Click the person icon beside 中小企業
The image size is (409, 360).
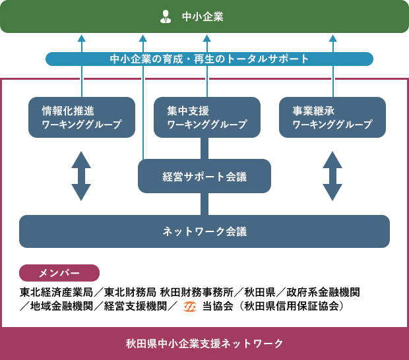pos(166,16)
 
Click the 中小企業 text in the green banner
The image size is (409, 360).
pos(203,16)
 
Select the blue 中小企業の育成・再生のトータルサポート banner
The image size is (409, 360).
pos(209,59)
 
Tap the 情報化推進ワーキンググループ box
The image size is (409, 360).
pos(82,117)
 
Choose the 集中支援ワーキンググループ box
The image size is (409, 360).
pos(207,117)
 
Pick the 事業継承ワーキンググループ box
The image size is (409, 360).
pos(332,117)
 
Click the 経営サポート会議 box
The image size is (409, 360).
pos(204,176)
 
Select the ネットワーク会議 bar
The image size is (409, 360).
pos(204,231)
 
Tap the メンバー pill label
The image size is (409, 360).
pos(59,273)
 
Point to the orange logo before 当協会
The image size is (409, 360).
pos(189,307)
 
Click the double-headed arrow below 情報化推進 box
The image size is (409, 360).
pos(81,176)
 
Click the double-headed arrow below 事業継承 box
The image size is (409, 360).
pos(332,176)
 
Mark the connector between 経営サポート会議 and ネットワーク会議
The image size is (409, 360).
pos(204,204)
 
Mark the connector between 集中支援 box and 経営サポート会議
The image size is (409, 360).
pos(204,148)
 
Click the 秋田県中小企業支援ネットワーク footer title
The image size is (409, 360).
pos(204,344)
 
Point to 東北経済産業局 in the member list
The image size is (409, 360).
pos(56,293)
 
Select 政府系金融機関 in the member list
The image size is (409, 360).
pos(323,293)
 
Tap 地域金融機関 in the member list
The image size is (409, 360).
pos(61,307)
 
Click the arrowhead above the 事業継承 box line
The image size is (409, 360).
pos(333,39)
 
